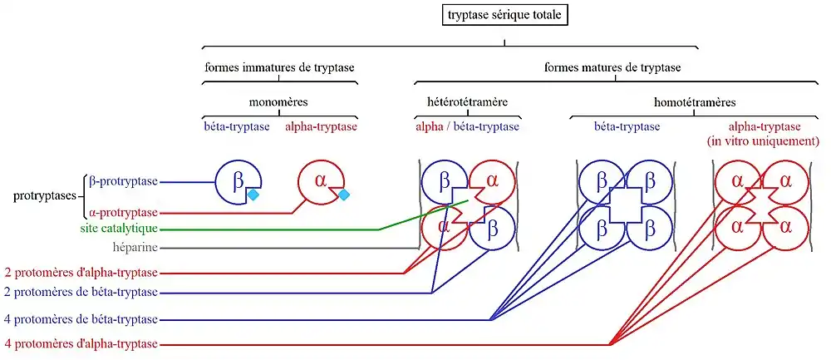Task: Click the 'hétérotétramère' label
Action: point(461,102)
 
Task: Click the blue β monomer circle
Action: point(237,180)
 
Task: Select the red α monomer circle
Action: point(319,180)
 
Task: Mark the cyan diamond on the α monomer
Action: point(342,195)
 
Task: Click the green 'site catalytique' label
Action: point(119,228)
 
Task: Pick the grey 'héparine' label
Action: point(134,247)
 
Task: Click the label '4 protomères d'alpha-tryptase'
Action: point(80,344)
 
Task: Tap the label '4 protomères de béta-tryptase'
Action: point(80,319)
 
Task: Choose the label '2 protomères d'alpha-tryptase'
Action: point(80,272)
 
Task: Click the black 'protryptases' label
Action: point(46,197)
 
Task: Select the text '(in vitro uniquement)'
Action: point(764,141)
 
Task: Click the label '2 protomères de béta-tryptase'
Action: point(80,292)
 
